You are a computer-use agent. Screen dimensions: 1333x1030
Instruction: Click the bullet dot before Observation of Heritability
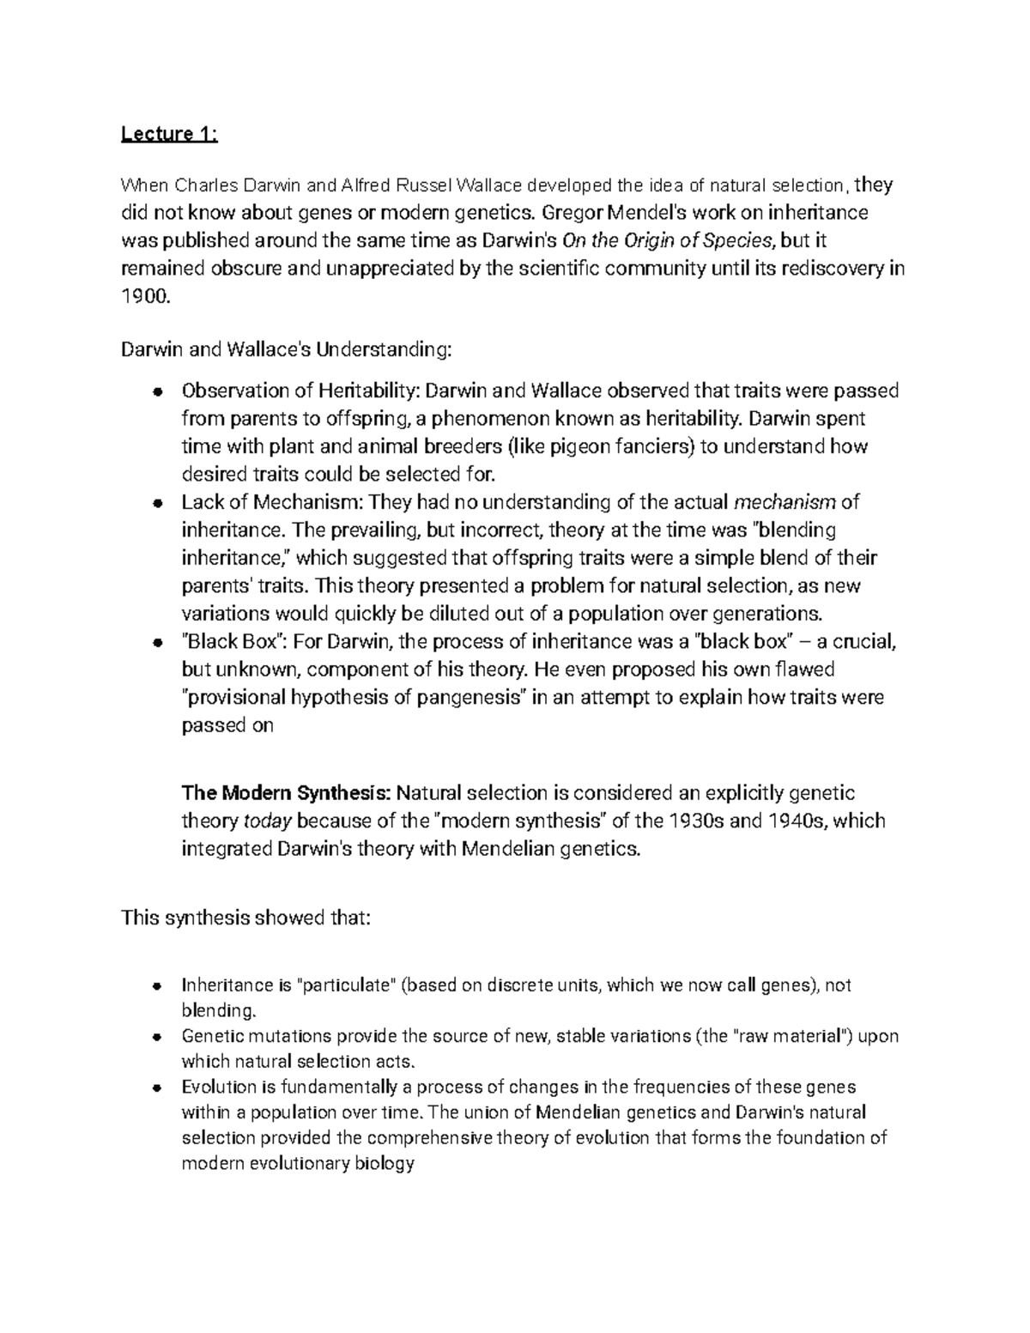[x=156, y=391]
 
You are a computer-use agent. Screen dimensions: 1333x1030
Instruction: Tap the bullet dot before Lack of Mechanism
[x=156, y=503]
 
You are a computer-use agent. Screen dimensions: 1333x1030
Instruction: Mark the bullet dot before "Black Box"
[x=156, y=643]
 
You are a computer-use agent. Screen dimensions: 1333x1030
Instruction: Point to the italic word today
[x=269, y=821]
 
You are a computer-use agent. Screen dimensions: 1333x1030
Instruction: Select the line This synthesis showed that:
[x=246, y=918]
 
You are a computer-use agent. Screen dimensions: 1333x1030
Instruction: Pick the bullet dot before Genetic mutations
[x=156, y=1036]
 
